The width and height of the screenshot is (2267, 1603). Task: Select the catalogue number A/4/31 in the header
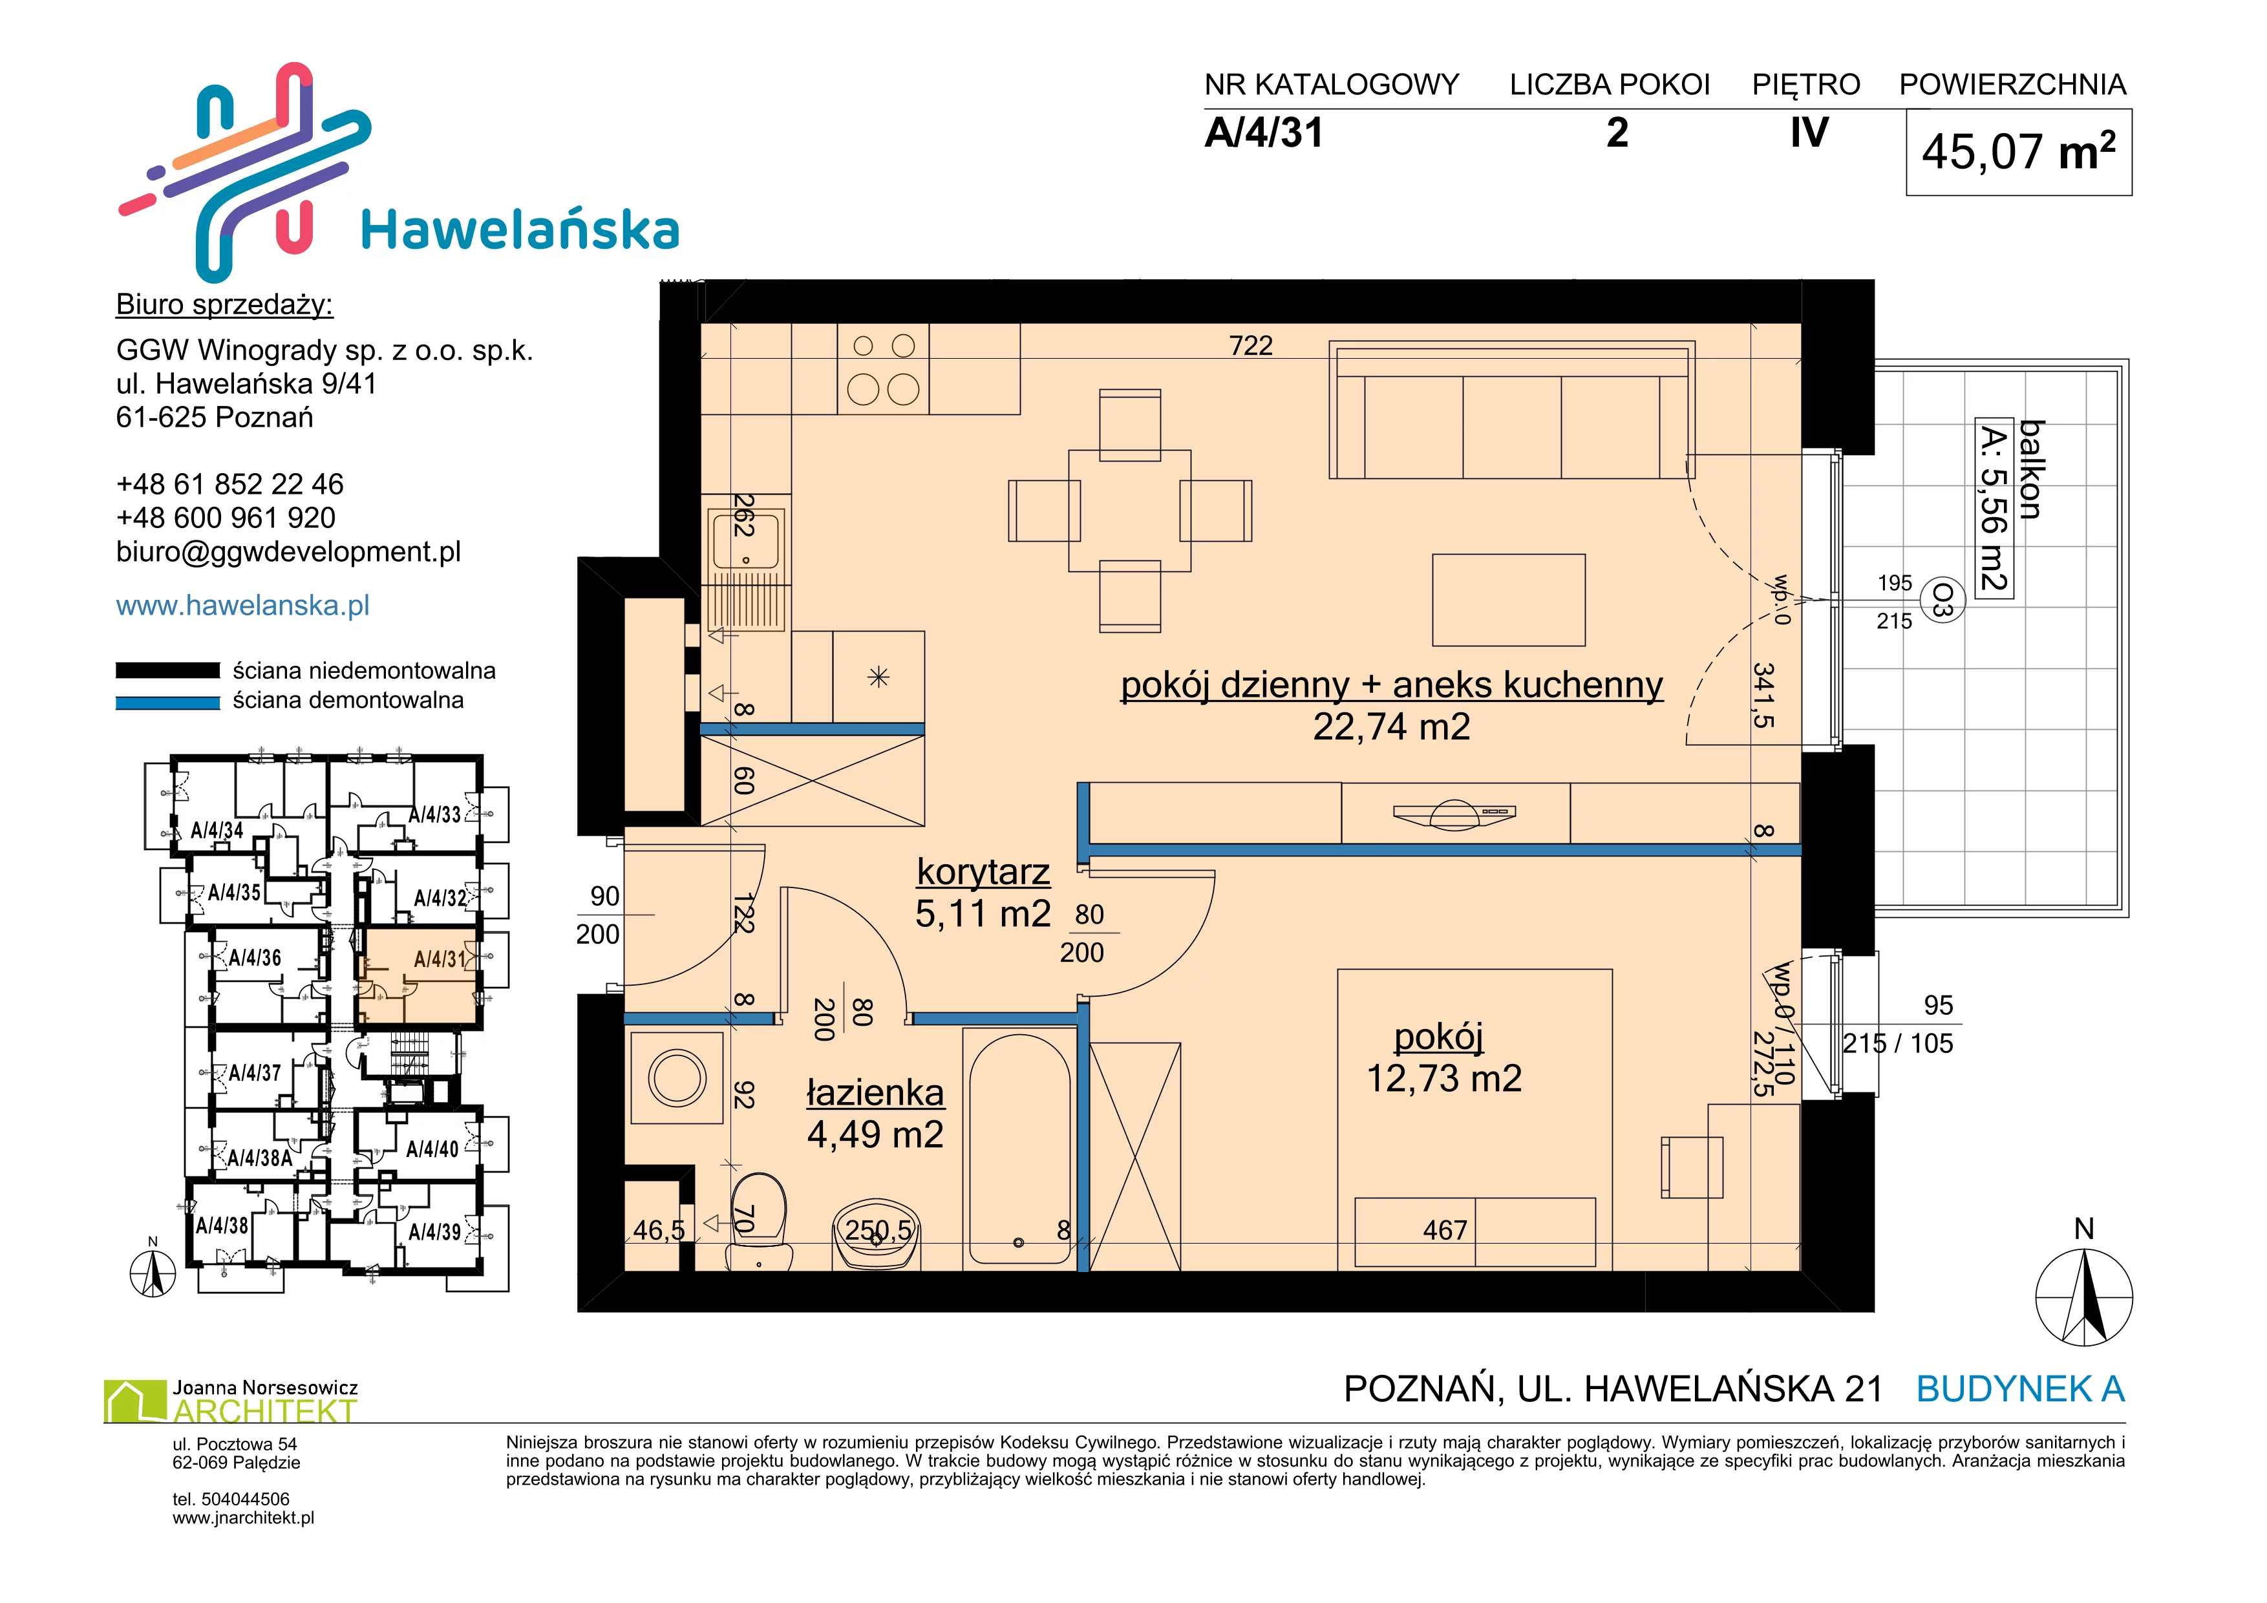point(1264,133)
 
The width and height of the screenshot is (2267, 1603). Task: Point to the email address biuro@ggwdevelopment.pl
point(288,552)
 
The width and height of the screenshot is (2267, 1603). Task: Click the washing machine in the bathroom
point(677,1077)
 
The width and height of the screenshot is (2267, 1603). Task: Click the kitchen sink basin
point(747,539)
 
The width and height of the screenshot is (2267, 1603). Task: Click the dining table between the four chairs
point(1129,511)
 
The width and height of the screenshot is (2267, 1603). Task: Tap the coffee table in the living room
point(1509,599)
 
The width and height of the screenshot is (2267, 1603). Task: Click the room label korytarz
point(983,873)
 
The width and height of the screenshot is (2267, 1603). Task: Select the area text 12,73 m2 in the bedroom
point(1443,1079)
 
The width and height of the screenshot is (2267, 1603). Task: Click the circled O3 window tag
point(1942,599)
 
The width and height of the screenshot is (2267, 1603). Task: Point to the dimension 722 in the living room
point(1251,345)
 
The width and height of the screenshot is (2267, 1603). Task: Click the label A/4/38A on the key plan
point(260,1158)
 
